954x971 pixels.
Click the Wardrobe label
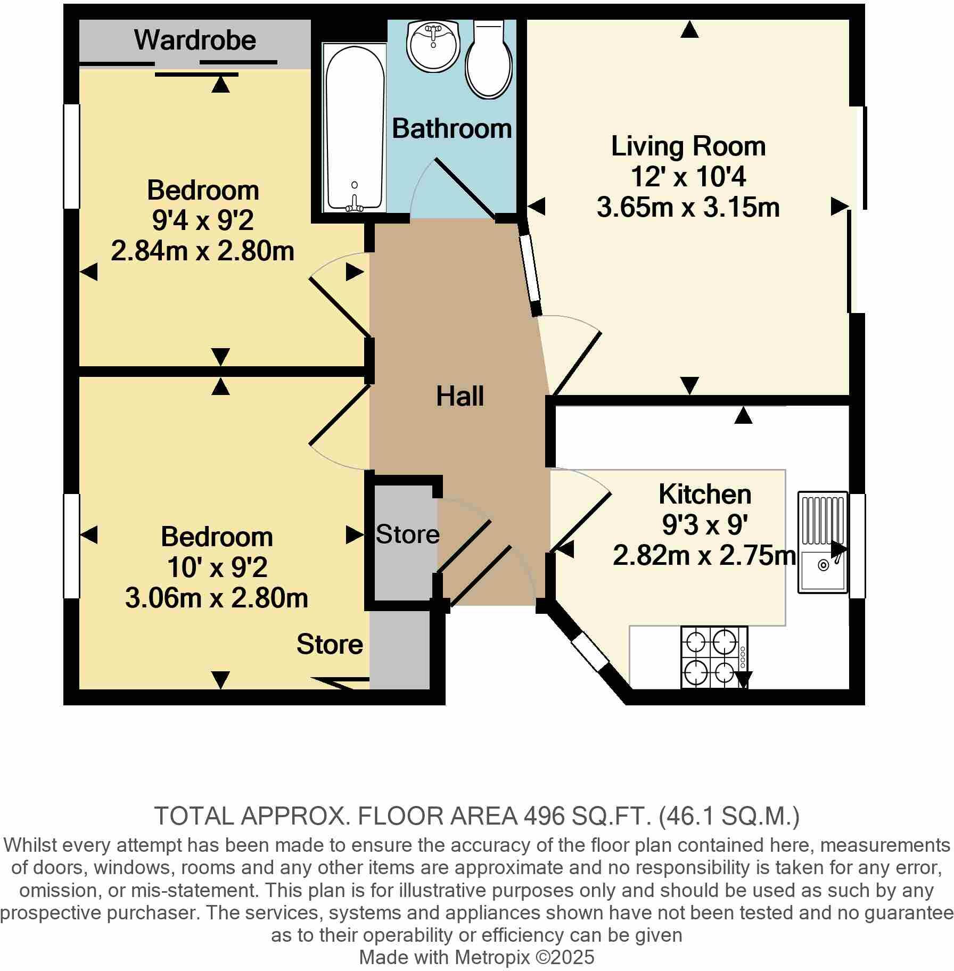(195, 40)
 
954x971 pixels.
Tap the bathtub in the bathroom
(355, 128)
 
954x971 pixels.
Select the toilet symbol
(489, 60)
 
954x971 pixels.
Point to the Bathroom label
(451, 129)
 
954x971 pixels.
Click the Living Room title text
(688, 146)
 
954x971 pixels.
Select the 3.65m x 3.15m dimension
(688, 208)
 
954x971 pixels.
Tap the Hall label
(460, 397)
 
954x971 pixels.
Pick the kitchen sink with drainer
(823, 542)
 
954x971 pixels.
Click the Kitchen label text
(704, 494)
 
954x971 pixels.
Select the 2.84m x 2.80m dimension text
(202, 251)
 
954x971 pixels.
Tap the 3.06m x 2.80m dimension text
(216, 598)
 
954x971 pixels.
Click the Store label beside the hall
(408, 534)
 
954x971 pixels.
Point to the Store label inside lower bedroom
(330, 645)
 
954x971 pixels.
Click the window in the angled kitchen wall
(590, 651)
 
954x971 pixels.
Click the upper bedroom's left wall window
(71, 156)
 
